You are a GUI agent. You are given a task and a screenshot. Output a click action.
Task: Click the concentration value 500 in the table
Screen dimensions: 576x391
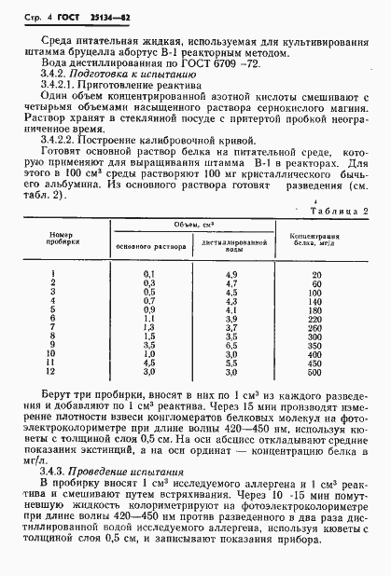click(x=316, y=372)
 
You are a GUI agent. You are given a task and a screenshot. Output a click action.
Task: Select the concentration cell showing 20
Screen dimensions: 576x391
click(x=317, y=273)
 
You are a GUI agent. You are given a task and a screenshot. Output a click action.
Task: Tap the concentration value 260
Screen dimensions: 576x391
click(x=316, y=327)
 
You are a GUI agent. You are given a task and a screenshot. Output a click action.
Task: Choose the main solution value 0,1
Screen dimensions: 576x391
click(x=148, y=273)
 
